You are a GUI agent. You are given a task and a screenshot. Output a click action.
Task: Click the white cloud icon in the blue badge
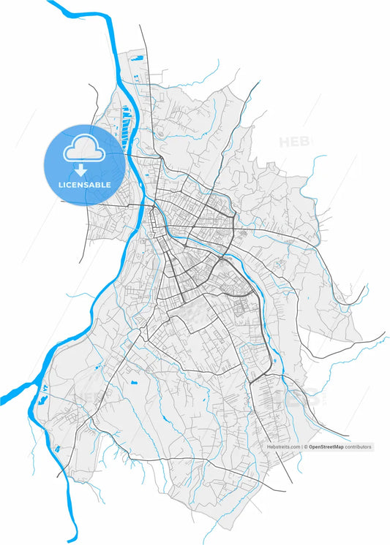click(x=84, y=150)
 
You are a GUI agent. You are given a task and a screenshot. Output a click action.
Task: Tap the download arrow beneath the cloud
click(x=84, y=171)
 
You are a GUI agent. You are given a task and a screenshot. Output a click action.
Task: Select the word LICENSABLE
click(x=85, y=185)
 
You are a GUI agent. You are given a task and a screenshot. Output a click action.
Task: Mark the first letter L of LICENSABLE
click(x=61, y=185)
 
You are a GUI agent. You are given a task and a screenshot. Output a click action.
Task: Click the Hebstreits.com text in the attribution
click(x=282, y=446)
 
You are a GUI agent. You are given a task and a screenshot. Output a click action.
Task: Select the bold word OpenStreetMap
click(x=326, y=446)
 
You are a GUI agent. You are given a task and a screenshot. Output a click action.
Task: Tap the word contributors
click(x=359, y=446)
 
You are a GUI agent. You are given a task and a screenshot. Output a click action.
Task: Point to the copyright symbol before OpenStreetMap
click(x=306, y=446)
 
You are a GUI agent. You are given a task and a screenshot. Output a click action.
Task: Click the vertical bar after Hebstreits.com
click(x=301, y=446)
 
